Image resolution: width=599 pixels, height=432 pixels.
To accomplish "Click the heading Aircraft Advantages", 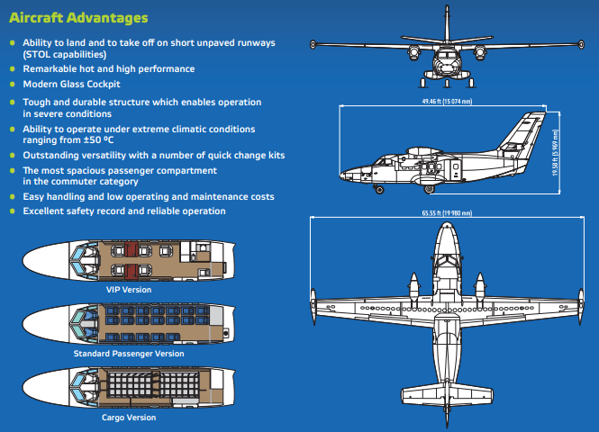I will point(78,17).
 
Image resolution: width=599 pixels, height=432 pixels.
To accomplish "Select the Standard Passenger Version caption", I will point(128,354).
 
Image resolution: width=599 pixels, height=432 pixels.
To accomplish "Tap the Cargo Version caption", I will point(128,418).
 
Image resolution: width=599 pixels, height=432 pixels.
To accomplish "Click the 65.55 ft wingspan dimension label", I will point(447,213).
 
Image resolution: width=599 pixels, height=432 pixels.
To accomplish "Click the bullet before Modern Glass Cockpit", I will point(12,83).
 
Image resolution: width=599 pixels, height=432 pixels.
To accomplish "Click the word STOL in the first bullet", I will point(41,55).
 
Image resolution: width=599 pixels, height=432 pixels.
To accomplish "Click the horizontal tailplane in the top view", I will point(448,393).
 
